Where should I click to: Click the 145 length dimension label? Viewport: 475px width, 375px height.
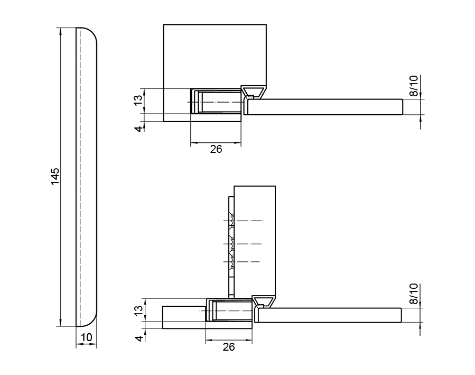tap(55, 176)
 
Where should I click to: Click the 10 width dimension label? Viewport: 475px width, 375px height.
tap(87, 337)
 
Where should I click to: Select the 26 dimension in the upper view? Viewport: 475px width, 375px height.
tap(216, 149)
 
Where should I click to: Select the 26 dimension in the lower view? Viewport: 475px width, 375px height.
tap(228, 347)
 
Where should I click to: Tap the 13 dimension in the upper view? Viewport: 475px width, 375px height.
tap(138, 100)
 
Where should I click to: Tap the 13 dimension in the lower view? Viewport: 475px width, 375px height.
tap(138, 310)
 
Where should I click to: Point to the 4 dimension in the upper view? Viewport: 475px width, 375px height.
tap(138, 129)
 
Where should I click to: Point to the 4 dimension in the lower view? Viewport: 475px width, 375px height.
tap(138, 339)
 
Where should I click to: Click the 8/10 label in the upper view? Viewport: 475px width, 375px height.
tap(414, 86)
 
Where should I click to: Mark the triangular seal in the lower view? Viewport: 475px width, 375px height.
tap(263, 301)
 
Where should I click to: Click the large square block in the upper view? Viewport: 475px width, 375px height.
tap(215, 56)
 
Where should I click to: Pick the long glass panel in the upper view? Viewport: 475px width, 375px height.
tap(325, 106)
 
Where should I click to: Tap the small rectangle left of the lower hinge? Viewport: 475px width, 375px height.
tap(183, 316)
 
